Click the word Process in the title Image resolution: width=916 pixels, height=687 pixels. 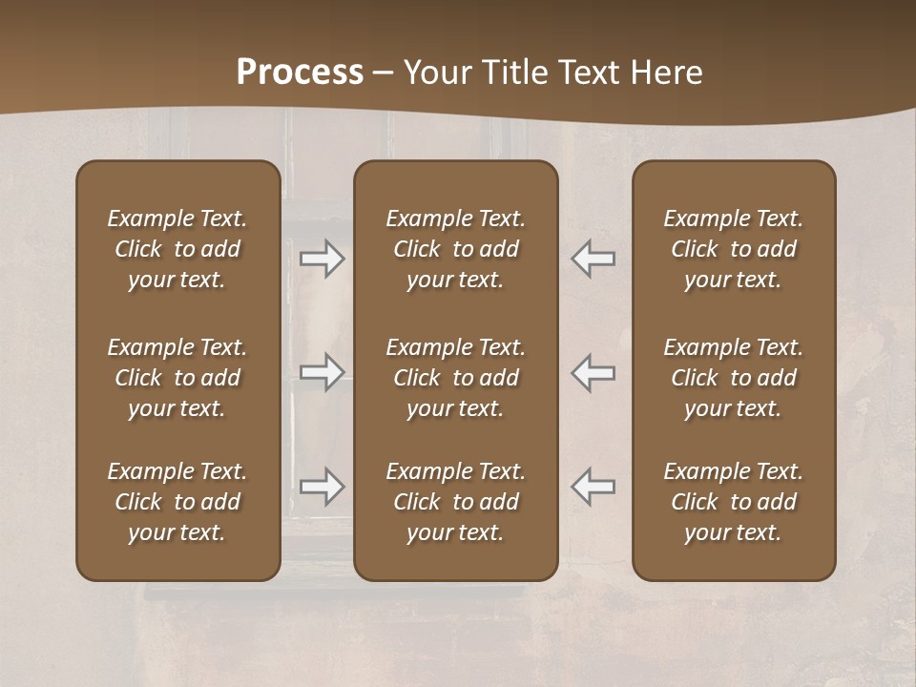(x=300, y=73)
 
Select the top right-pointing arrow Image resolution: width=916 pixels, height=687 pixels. (x=323, y=259)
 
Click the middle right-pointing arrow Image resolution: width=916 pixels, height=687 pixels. (x=323, y=372)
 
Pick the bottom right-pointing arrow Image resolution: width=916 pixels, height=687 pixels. (x=323, y=487)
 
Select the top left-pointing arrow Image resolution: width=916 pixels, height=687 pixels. (x=593, y=259)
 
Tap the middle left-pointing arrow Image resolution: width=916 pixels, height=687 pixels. (x=593, y=372)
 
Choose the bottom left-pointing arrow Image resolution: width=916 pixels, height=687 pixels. (x=593, y=487)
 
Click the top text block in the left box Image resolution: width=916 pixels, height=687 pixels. (x=177, y=249)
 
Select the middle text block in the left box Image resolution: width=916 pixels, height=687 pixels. (x=177, y=378)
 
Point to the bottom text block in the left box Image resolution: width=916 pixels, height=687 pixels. (x=177, y=502)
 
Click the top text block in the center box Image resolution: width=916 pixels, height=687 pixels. (x=455, y=249)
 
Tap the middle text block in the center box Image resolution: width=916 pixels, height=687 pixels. (x=455, y=378)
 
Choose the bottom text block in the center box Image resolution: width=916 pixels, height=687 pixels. (x=455, y=502)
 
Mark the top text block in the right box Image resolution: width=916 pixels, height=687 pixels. (x=733, y=249)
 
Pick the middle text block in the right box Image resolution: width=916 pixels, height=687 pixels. (x=733, y=378)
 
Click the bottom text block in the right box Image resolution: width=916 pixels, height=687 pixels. (x=733, y=502)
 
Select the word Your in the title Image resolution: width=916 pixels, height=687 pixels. (x=435, y=73)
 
